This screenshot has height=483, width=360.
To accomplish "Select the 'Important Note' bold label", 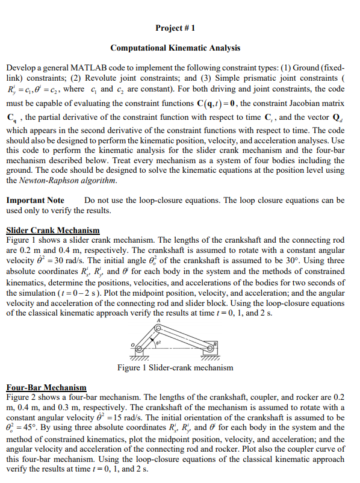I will [x=35, y=199].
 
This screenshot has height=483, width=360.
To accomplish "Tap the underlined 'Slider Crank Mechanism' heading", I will [x=52, y=230].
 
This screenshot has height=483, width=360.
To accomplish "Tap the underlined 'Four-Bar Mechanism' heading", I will [x=46, y=387].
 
